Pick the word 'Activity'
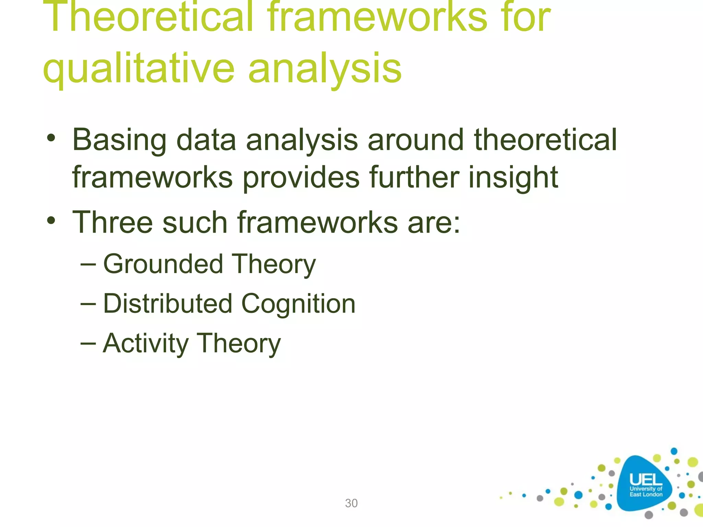[x=146, y=343]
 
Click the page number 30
[x=351, y=503]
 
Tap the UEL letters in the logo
[x=645, y=480]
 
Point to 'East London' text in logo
[x=646, y=494]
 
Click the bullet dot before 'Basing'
[x=51, y=139]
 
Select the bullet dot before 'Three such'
[x=51, y=221]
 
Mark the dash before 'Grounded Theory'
[x=88, y=265]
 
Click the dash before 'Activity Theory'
[x=88, y=343]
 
